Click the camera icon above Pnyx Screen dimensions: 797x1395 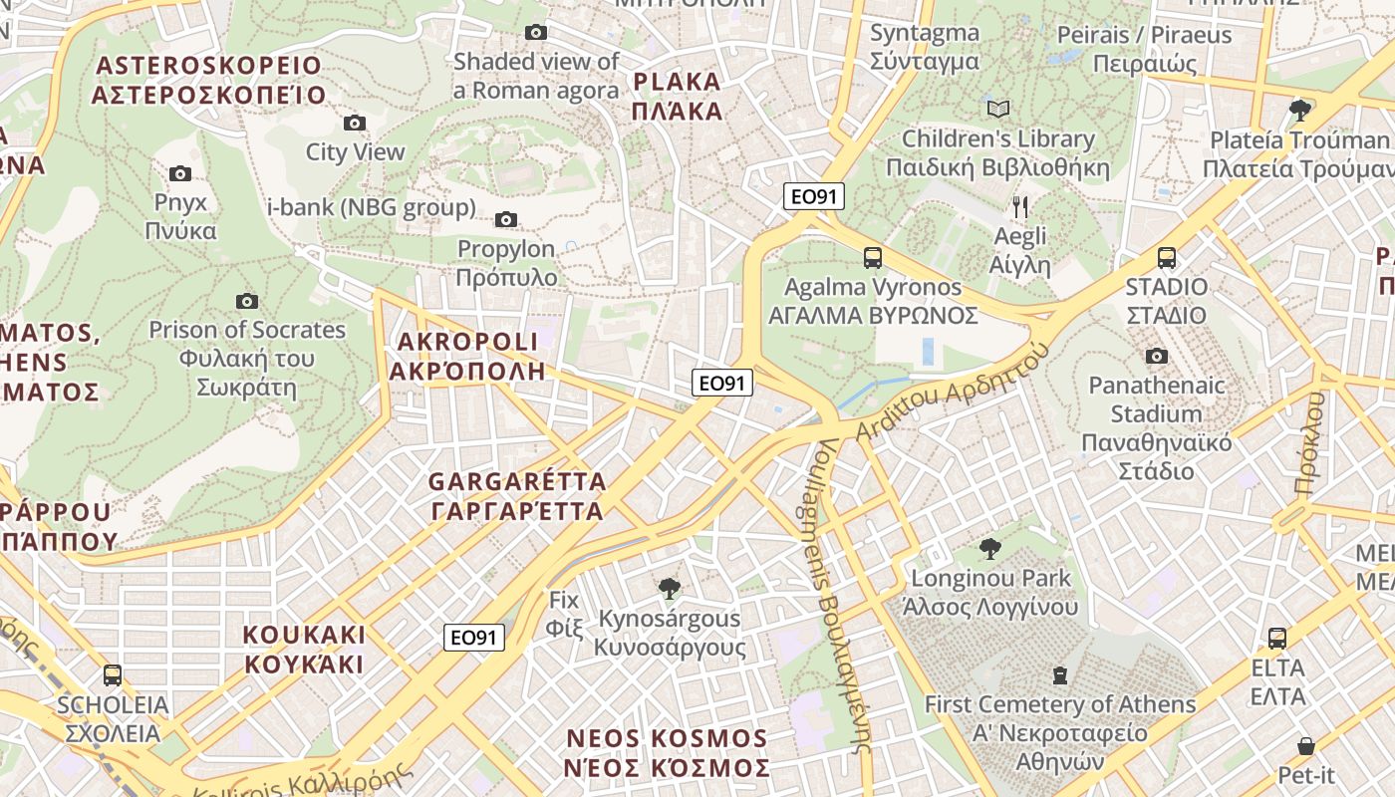[x=180, y=174]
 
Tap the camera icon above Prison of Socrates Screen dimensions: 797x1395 [x=247, y=301]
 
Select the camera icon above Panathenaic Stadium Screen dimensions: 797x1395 [x=1156, y=357]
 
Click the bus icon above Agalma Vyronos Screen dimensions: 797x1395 [x=873, y=258]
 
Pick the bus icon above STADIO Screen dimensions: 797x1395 [x=1166, y=258]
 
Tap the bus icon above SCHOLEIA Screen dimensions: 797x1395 [x=113, y=675]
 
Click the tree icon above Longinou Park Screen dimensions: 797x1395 [x=989, y=548]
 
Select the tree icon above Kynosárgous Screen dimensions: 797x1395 [x=669, y=589]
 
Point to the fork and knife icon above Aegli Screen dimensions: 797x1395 [x=1019, y=207]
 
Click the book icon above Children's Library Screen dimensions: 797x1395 [x=997, y=109]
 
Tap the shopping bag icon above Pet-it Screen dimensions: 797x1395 [x=1305, y=745]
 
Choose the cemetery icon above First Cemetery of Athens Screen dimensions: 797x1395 [x=1059, y=675]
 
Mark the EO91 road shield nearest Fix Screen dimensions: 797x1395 [x=474, y=638]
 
